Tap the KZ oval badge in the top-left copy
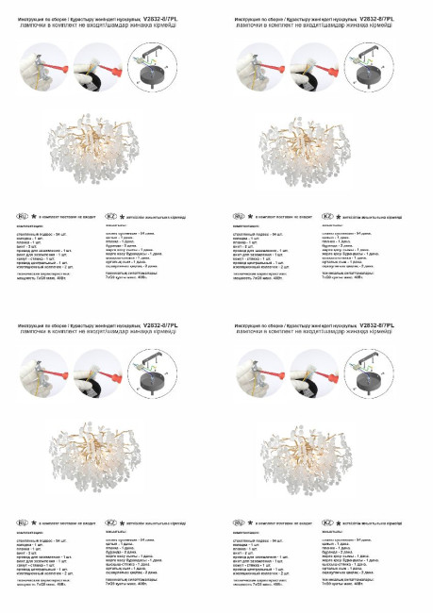pos(110,215)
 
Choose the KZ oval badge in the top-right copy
pos(327,215)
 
